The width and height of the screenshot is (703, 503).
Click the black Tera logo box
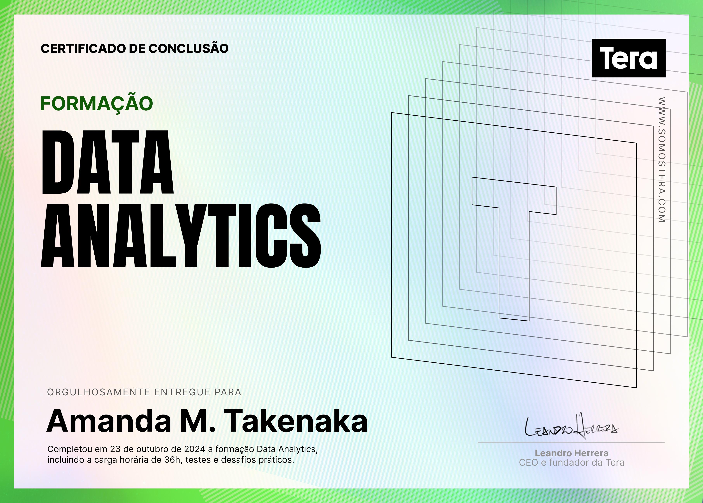click(629, 58)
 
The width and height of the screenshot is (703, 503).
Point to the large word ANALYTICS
click(181, 236)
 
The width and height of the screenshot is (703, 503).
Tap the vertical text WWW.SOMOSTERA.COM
click(662, 159)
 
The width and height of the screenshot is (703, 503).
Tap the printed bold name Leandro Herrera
click(572, 453)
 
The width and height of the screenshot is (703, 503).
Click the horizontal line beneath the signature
click(571, 443)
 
